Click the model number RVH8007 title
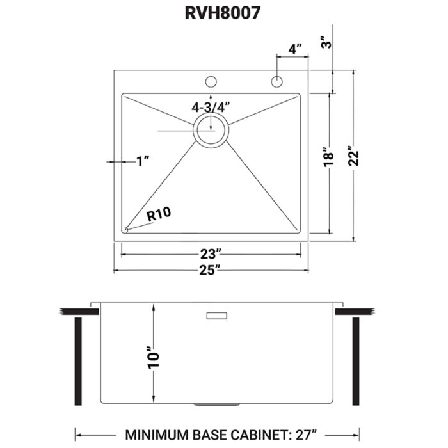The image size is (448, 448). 224,14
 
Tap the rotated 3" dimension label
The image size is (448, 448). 326,44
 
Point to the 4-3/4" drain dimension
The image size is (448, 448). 210,107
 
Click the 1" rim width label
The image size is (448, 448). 142,162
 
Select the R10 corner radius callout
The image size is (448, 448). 158,216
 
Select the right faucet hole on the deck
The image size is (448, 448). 276,81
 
